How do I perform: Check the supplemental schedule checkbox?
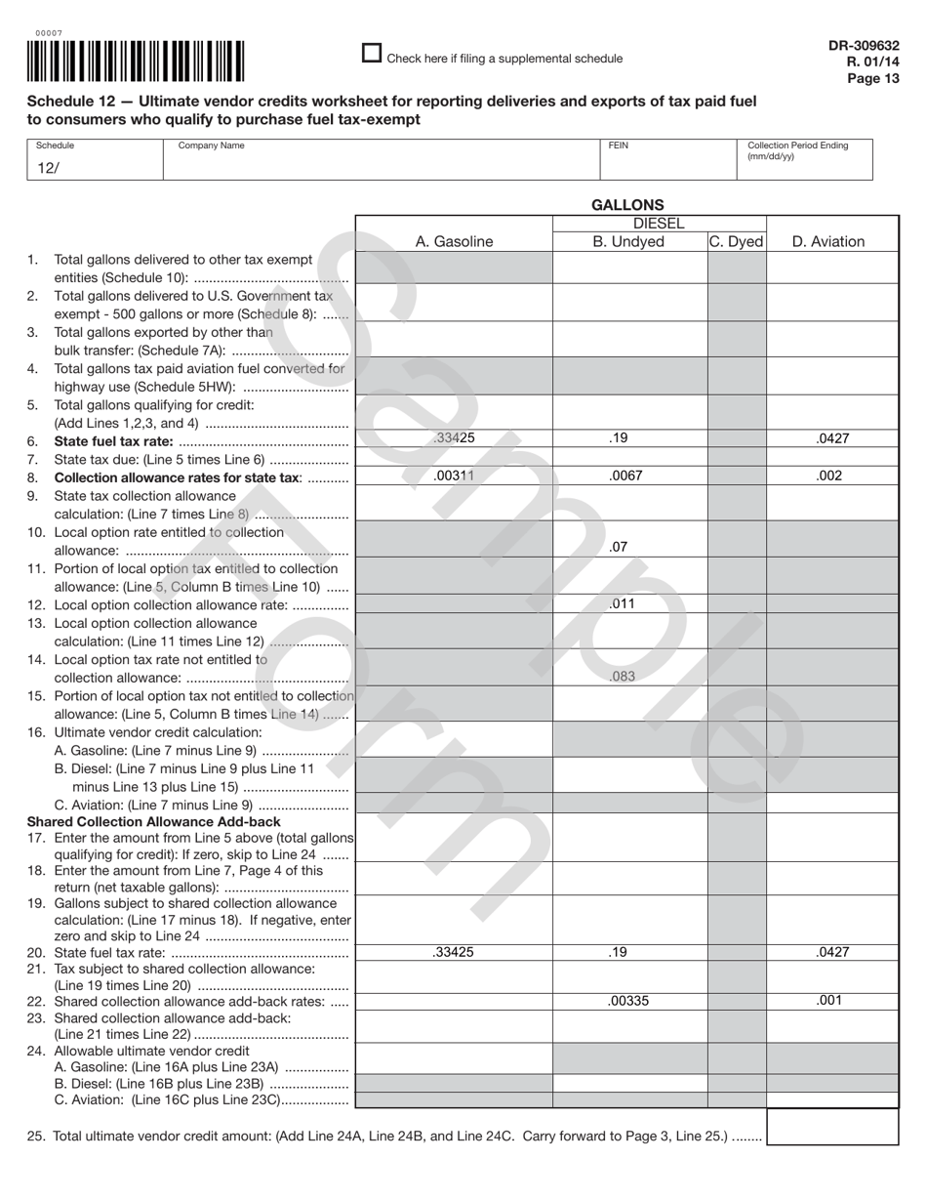click(x=371, y=54)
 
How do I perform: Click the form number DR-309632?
click(x=864, y=46)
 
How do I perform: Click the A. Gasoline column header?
click(x=454, y=242)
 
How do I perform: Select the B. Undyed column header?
click(x=628, y=242)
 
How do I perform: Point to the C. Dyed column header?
click(x=736, y=242)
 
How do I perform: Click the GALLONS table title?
click(x=627, y=205)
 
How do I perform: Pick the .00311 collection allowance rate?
click(x=454, y=476)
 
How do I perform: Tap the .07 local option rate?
click(x=618, y=547)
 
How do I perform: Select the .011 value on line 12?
click(x=622, y=603)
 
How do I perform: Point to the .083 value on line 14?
click(x=622, y=675)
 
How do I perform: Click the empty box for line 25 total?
click(x=832, y=1127)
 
